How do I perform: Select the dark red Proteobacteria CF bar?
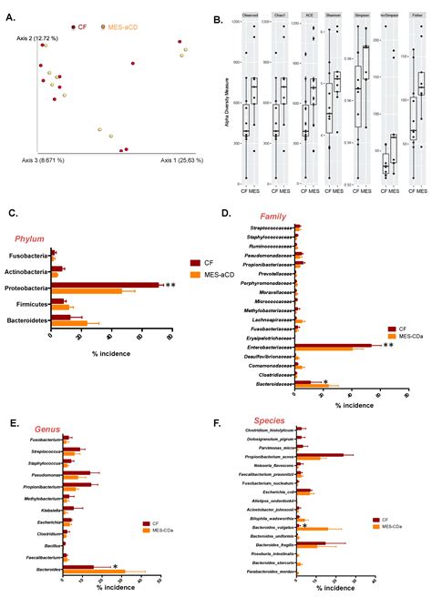point(105,284)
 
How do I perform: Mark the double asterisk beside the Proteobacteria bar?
point(169,286)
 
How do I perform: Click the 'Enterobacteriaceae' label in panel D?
point(265,346)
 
